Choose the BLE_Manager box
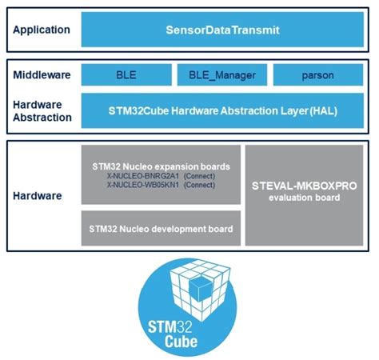pos(221,75)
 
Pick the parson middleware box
pos(319,75)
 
